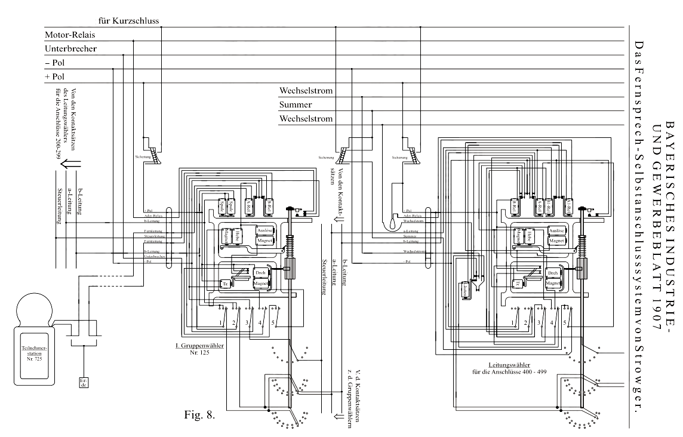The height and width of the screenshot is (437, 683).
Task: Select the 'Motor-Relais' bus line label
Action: click(x=67, y=35)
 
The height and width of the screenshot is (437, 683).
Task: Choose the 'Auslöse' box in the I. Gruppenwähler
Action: click(x=264, y=230)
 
